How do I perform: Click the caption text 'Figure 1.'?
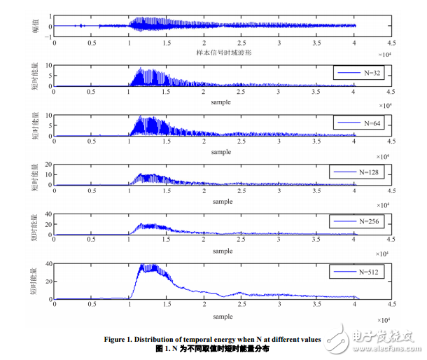click(138, 340)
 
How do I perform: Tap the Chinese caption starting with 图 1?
click(212, 348)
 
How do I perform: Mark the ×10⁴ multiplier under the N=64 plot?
click(382, 155)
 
